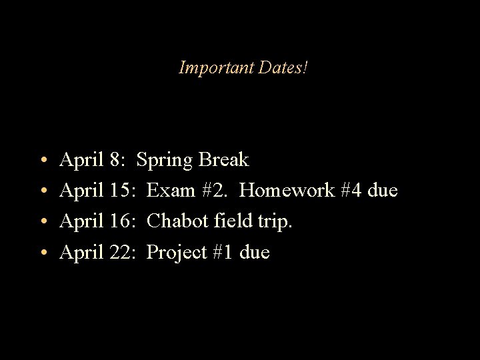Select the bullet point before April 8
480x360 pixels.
click(x=42, y=161)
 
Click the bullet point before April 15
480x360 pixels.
click(x=42, y=191)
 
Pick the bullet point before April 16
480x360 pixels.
click(x=42, y=222)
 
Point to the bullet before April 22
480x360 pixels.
click(x=42, y=253)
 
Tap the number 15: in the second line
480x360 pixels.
click(x=123, y=191)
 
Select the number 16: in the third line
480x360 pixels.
click(x=123, y=221)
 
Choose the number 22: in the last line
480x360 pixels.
click(x=123, y=252)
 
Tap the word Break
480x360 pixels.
click(x=223, y=160)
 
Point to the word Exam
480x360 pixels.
click(x=168, y=191)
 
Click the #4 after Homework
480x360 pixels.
click(x=351, y=191)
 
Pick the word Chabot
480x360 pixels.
click(x=175, y=221)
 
